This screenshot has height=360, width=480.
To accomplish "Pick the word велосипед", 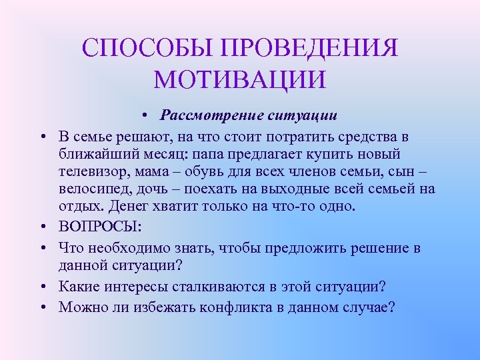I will click(91, 189).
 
